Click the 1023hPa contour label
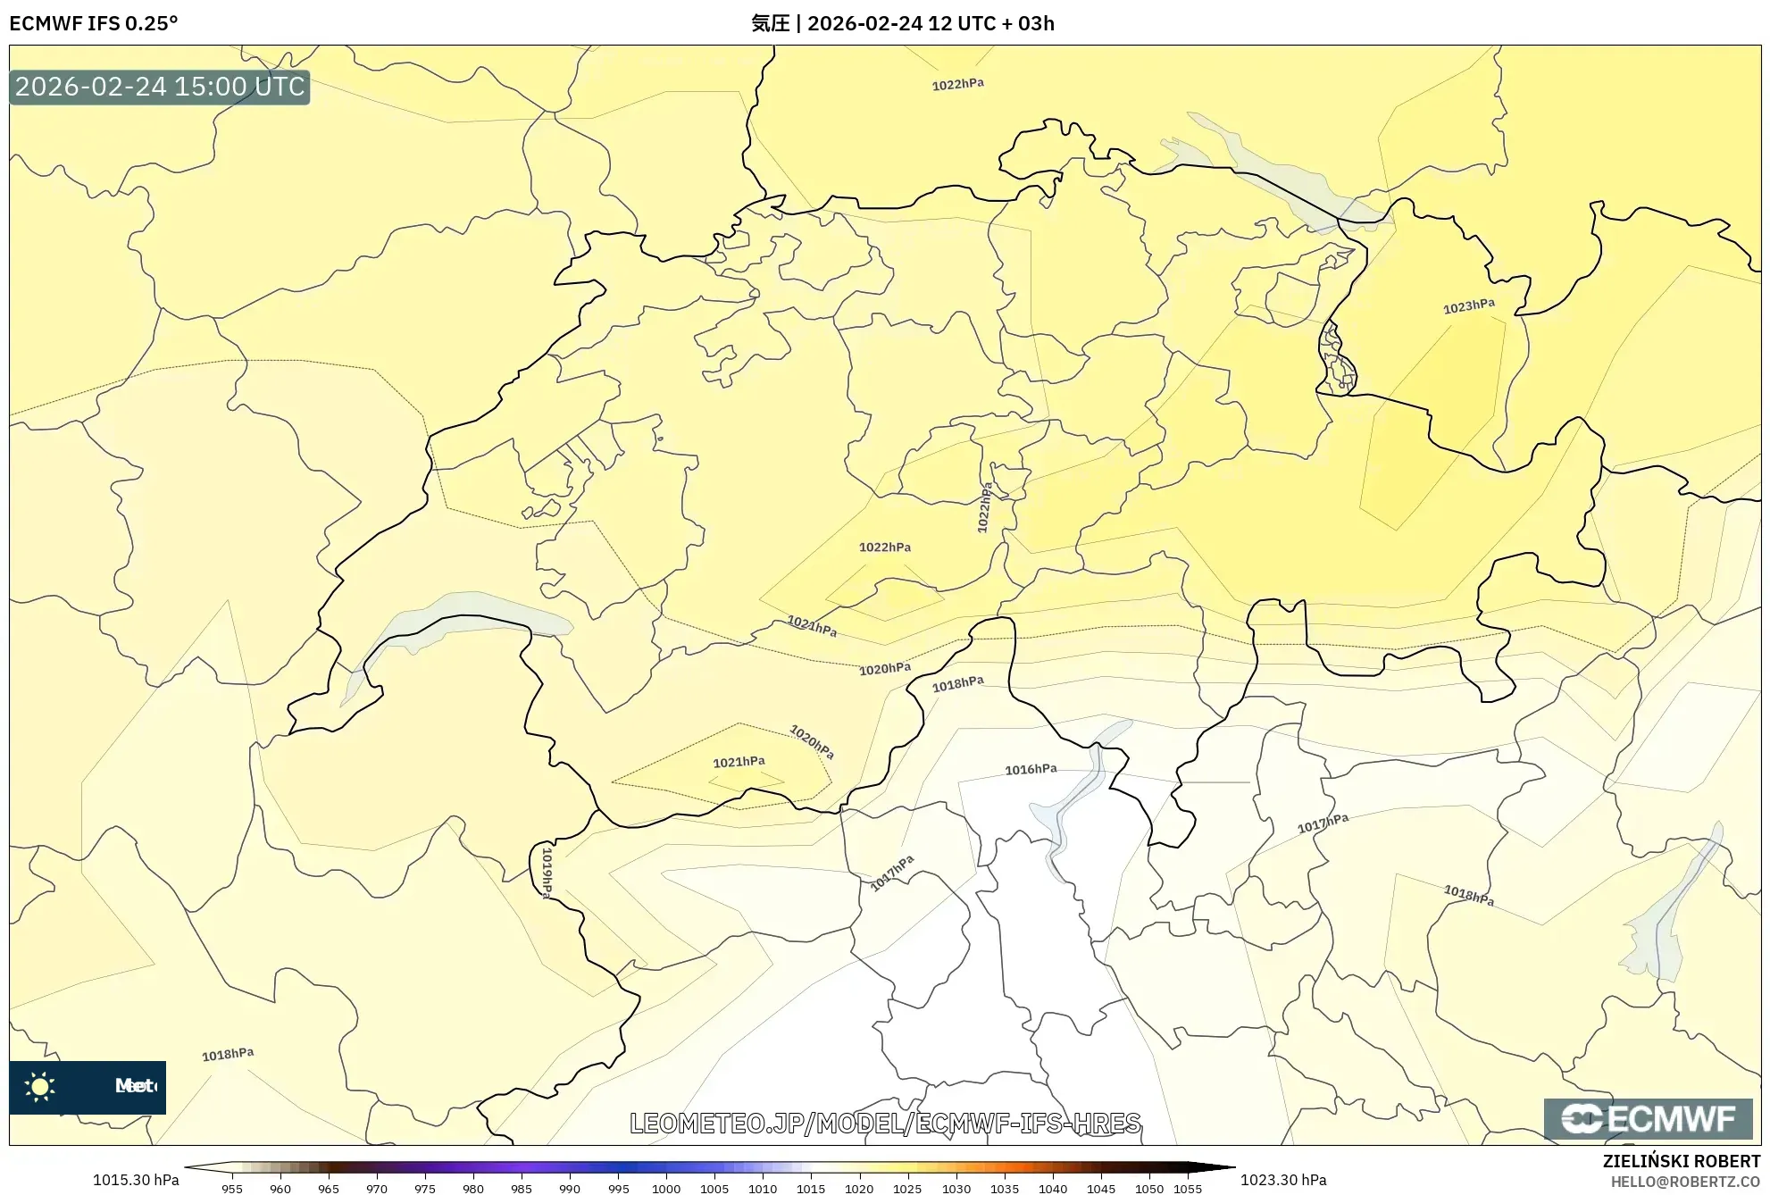click(x=1468, y=306)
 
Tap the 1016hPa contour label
click(x=1031, y=769)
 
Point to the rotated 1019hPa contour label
click(x=547, y=872)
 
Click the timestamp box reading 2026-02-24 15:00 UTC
click(x=160, y=87)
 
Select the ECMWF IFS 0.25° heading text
click(x=94, y=23)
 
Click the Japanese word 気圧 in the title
click(x=770, y=23)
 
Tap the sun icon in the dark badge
click(x=40, y=1086)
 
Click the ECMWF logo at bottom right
click(x=1648, y=1118)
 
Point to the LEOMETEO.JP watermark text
click(x=885, y=1123)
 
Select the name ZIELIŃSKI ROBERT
click(x=1681, y=1161)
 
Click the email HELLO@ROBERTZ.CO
click(x=1684, y=1182)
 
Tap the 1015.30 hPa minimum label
click(x=136, y=1180)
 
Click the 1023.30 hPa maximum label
click(x=1283, y=1180)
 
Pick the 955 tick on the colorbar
click(x=232, y=1189)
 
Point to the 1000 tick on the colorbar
click(x=666, y=1189)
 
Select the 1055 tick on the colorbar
click(x=1188, y=1189)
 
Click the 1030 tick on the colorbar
click(x=956, y=1189)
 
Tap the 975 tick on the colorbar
click(x=425, y=1189)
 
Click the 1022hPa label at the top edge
click(x=957, y=84)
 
